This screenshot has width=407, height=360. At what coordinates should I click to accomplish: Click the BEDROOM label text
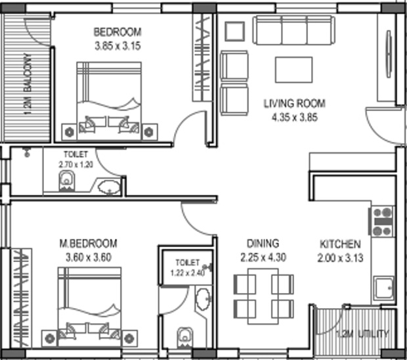pyautogui.click(x=117, y=32)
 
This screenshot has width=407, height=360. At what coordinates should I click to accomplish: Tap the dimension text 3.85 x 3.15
pyautogui.click(x=117, y=45)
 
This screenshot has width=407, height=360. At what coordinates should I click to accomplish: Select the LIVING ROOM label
pyautogui.click(x=294, y=104)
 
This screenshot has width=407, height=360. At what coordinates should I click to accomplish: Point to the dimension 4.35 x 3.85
pyautogui.click(x=294, y=118)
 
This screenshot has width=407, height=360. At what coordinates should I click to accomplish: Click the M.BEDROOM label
pyautogui.click(x=87, y=243)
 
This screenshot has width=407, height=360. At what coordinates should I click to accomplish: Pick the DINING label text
pyautogui.click(x=263, y=243)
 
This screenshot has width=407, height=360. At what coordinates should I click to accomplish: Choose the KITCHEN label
pyautogui.click(x=339, y=243)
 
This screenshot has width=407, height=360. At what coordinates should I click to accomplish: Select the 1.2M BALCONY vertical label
pyautogui.click(x=28, y=84)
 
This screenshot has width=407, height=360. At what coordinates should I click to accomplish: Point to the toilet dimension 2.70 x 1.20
pyautogui.click(x=75, y=164)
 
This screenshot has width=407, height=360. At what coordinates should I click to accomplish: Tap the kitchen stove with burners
pyautogui.click(x=382, y=221)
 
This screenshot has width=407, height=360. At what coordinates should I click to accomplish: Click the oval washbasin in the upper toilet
pyautogui.click(x=109, y=187)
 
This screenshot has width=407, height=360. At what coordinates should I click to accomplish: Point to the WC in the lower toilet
pyautogui.click(x=185, y=337)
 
